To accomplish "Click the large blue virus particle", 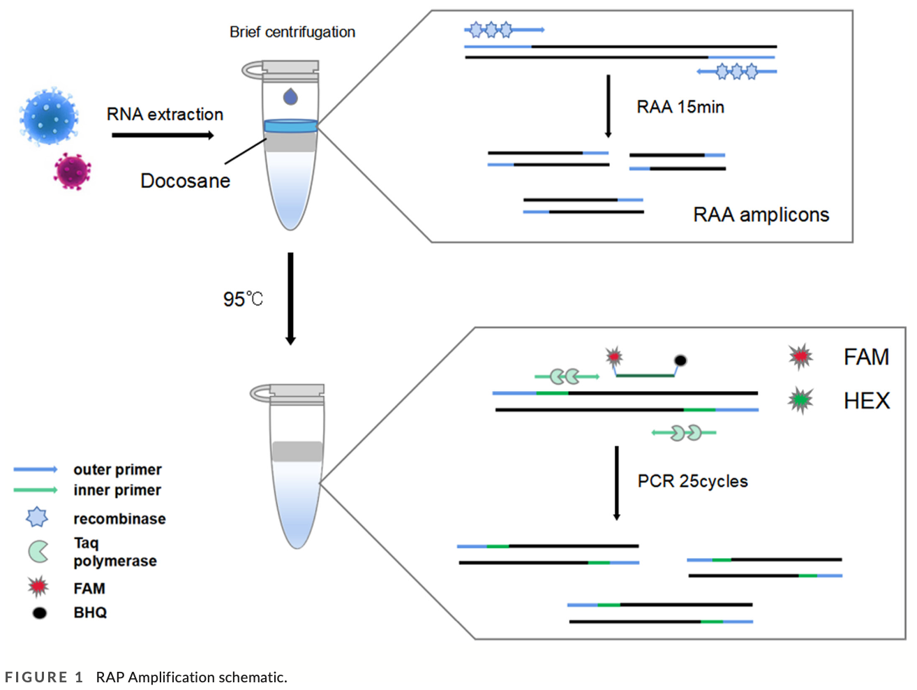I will pyautogui.click(x=49, y=116).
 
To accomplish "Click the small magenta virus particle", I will pyautogui.click(x=73, y=171).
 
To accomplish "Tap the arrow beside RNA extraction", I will pyautogui.click(x=163, y=135).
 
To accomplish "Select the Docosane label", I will pyautogui.click(x=185, y=181).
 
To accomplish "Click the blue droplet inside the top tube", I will pyautogui.click(x=290, y=96).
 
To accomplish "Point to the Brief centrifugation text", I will pyautogui.click(x=292, y=32).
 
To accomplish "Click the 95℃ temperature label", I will pyautogui.click(x=243, y=300).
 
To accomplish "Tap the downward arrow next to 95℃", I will pyautogui.click(x=290, y=298).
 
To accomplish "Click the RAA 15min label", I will pyautogui.click(x=680, y=107).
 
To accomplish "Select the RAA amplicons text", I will pyautogui.click(x=761, y=214).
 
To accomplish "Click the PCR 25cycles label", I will pyautogui.click(x=692, y=481).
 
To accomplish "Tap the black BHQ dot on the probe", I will pyautogui.click(x=680, y=360).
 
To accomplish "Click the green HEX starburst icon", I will pyautogui.click(x=800, y=400).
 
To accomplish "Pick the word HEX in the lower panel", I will pyautogui.click(x=867, y=401).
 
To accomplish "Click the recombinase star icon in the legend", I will pyautogui.click(x=37, y=517).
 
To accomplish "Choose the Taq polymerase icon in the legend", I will pyautogui.click(x=38, y=552).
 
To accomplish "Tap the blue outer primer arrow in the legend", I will pyautogui.click(x=36, y=469).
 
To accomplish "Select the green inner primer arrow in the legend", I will pyautogui.click(x=36, y=490).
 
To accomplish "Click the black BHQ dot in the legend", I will pyautogui.click(x=40, y=612).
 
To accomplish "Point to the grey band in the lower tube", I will pyautogui.click(x=297, y=452).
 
